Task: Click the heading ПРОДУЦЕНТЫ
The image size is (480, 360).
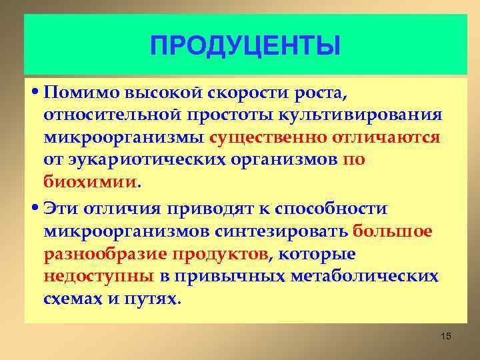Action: click(245, 46)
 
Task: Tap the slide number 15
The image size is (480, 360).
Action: click(446, 336)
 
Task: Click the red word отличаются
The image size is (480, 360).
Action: click(385, 137)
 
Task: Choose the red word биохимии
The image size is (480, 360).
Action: click(91, 183)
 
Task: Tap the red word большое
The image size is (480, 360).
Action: click(393, 231)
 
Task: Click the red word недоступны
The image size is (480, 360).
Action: click(99, 277)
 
